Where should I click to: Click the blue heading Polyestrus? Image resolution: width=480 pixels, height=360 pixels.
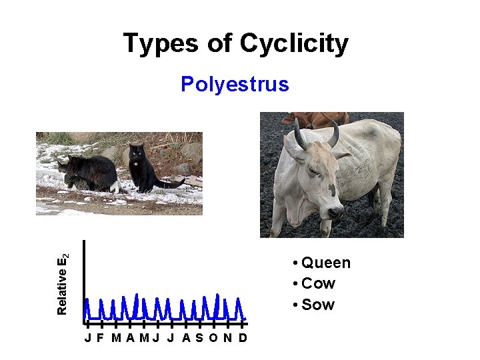tap(235, 85)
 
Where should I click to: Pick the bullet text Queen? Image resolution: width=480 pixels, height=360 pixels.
tap(325, 263)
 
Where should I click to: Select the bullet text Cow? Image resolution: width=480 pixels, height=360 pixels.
tap(318, 283)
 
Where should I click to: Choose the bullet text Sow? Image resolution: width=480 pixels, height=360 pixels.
tap(318, 305)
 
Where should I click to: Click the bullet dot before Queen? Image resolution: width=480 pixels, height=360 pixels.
tap(295, 263)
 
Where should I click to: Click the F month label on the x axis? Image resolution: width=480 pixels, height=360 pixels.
tap(100, 337)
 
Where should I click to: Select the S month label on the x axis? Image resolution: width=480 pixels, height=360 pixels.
tap(199, 337)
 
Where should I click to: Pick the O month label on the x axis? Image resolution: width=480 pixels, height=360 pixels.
tap(213, 337)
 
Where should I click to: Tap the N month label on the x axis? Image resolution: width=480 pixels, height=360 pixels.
tap(228, 337)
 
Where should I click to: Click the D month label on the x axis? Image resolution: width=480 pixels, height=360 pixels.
tap(243, 337)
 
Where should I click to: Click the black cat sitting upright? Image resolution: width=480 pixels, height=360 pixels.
tap(142, 171)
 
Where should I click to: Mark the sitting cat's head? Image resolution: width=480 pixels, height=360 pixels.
tap(137, 153)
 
